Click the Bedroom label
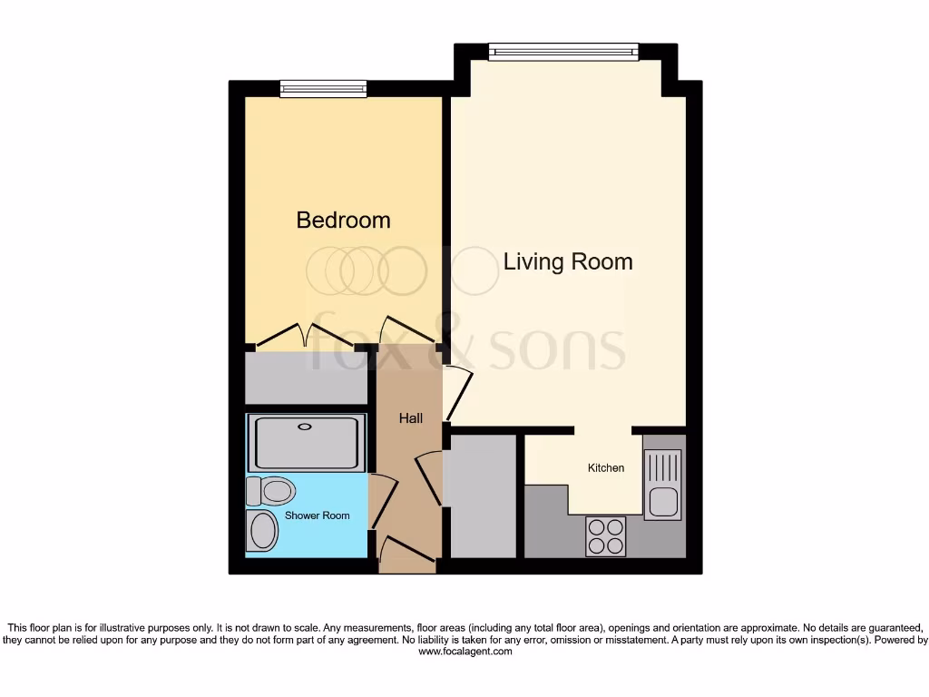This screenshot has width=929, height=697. [x=343, y=220]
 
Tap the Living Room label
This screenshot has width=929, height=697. [x=568, y=261]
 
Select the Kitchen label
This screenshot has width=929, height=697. [x=606, y=468]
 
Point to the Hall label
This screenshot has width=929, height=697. [x=411, y=418]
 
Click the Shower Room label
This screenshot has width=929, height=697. [x=317, y=515]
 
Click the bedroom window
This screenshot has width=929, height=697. [x=323, y=88]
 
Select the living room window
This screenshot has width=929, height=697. [x=562, y=53]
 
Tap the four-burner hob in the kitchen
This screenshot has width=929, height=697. [x=605, y=535]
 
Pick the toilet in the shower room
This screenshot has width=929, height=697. [x=271, y=491]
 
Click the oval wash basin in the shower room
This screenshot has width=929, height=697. [x=263, y=531]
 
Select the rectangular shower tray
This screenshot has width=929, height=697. [x=307, y=443]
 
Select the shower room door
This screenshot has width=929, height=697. [x=385, y=504]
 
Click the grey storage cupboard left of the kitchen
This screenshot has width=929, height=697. [x=483, y=497]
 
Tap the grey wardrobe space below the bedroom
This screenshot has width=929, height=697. [x=305, y=378]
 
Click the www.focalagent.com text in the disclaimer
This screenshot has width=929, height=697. [x=464, y=652]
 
